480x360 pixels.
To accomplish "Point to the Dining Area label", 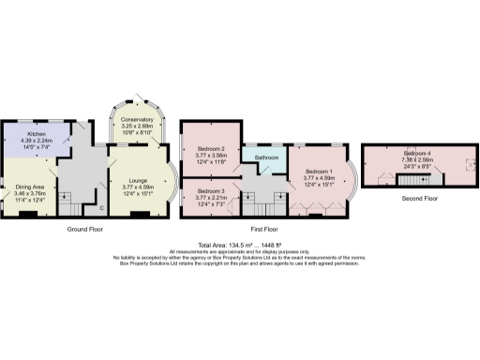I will point(30,186).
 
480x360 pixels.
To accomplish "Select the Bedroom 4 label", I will point(419,152).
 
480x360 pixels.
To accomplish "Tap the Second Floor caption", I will point(420,199).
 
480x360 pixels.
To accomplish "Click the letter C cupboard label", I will point(100,207).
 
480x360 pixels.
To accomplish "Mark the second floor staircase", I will point(385,179).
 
